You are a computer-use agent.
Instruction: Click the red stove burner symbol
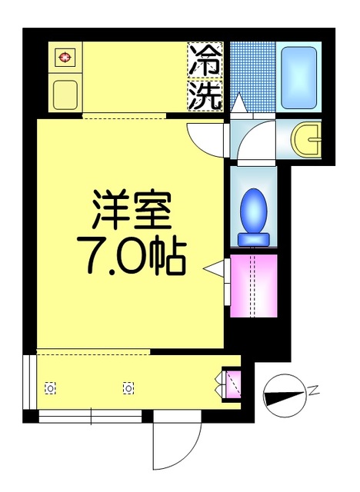64,56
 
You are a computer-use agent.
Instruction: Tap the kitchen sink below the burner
64,93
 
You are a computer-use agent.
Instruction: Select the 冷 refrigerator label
205,60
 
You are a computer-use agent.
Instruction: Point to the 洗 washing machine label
205,95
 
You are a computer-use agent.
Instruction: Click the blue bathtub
299,78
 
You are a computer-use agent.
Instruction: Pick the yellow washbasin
308,139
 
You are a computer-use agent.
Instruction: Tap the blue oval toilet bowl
253,209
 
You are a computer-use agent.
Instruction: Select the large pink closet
254,284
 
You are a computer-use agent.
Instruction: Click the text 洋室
132,208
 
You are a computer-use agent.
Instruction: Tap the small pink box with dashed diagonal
232,384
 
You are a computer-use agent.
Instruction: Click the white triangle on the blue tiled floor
238,102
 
